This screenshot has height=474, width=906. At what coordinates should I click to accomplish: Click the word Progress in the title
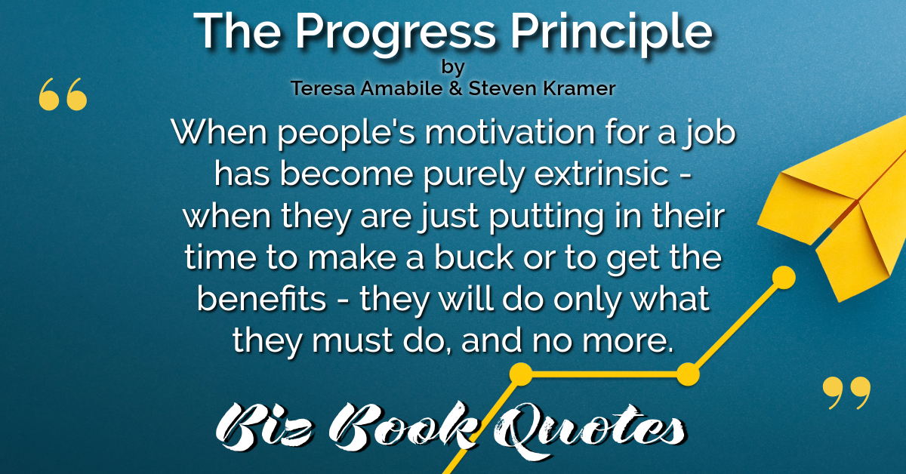(396, 34)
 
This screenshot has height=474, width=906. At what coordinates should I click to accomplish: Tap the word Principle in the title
(612, 34)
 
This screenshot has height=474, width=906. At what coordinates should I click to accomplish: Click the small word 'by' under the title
(453, 67)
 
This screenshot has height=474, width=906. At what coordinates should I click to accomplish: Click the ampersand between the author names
(455, 88)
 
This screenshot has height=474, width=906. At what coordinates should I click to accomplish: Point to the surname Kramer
(579, 88)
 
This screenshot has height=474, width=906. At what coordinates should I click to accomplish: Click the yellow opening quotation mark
(63, 94)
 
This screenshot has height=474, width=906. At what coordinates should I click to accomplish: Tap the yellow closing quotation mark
(846, 392)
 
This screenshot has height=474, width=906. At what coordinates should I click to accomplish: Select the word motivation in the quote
(510, 132)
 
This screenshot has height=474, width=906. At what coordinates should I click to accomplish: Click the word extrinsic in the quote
(602, 174)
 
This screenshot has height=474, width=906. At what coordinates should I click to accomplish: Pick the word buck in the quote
(473, 257)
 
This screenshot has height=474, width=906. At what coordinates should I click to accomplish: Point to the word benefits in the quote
(261, 298)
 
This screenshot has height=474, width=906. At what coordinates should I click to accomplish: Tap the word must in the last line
(353, 340)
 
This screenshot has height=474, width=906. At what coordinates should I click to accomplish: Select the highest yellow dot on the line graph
(784, 278)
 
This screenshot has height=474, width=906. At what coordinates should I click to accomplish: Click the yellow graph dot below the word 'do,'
(521, 374)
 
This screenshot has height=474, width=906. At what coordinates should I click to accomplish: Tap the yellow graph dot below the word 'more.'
(688, 374)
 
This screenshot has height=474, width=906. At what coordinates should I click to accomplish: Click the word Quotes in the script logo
(590, 429)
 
